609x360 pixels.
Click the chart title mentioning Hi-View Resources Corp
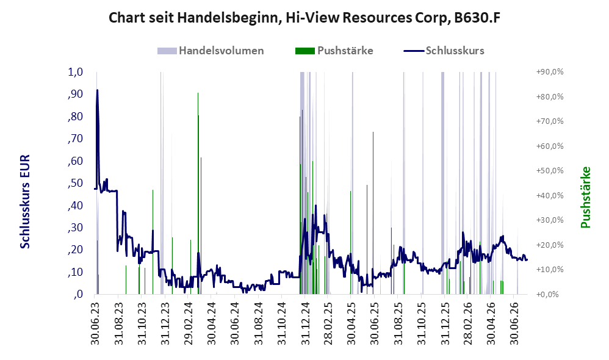point(304,18)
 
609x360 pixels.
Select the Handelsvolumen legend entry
point(211,51)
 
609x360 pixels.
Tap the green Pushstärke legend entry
point(334,51)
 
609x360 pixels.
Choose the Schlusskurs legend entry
point(444,51)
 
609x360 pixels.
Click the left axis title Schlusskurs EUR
point(24,201)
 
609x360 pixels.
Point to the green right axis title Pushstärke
point(585,197)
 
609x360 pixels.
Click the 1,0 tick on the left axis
point(75,72)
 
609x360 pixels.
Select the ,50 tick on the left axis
point(75,183)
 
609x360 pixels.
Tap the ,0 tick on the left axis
point(77,294)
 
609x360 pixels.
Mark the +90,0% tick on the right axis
point(550,72)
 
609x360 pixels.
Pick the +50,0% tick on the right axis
point(550,170)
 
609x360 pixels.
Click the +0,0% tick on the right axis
point(547,294)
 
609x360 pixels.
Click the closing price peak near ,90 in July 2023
point(97,90)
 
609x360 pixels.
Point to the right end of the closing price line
point(527,260)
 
